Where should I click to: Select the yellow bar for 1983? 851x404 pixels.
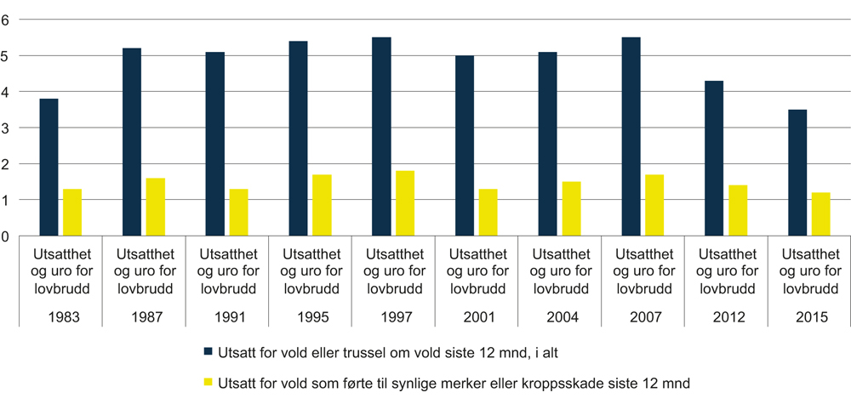click(71, 213)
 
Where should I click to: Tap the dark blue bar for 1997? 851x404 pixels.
click(381, 137)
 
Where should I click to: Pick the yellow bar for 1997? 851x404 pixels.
click(405, 203)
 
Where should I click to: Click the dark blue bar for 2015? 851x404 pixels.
click(797, 173)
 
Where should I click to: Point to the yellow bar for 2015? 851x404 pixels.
click(820, 214)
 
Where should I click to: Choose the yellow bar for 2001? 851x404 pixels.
click(488, 213)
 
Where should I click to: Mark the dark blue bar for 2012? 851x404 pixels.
click(714, 158)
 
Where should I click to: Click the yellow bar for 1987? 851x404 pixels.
click(155, 207)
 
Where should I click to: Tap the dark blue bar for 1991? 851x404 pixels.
click(214, 144)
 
